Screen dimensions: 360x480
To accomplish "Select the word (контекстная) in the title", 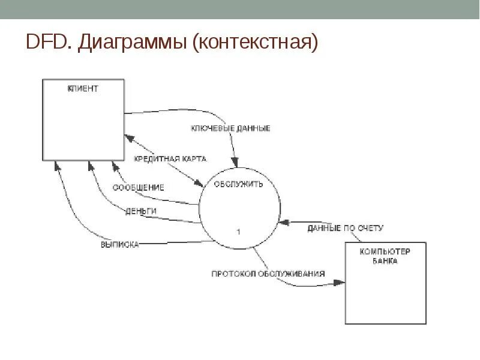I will tap(254, 43).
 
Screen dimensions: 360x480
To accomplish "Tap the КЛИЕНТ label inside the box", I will tap(83, 89).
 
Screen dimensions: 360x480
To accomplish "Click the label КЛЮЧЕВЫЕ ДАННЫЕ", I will tap(230, 128).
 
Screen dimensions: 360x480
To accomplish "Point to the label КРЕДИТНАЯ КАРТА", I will tap(170, 159).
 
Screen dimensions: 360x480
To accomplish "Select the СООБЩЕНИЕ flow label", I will tap(139, 187).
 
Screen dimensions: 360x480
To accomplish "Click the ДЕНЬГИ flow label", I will tap(142, 211).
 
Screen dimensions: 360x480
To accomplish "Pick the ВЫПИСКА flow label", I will tap(120, 244).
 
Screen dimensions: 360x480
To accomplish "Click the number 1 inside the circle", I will tap(238, 231).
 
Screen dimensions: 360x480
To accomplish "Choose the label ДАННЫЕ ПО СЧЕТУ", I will tap(345, 228).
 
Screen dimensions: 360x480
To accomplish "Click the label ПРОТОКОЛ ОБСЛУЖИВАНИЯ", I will tap(268, 274).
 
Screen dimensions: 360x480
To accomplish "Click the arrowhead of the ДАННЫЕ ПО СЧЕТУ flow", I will tap(286, 223).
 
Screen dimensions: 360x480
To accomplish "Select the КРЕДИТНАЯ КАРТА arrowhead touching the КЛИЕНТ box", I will tap(128, 139).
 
